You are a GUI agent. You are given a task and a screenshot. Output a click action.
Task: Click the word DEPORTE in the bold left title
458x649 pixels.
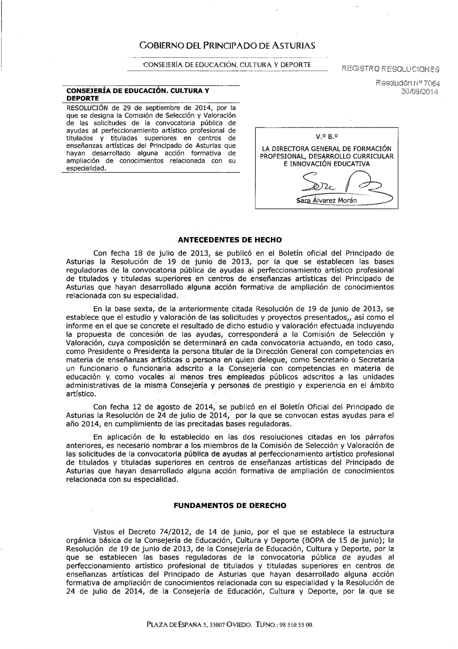pos(80,98)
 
